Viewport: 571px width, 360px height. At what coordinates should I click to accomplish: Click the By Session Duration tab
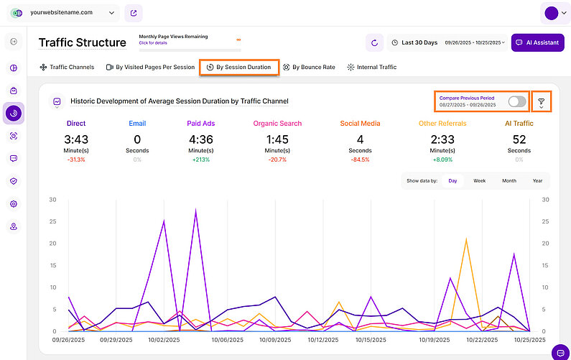click(x=238, y=68)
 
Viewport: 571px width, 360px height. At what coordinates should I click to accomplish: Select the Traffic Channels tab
click(x=67, y=68)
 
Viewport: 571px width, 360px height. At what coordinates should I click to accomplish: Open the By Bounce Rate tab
click(x=309, y=68)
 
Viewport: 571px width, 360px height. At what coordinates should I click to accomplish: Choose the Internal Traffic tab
click(x=371, y=68)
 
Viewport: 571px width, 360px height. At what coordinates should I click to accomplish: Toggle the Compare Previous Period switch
click(x=516, y=102)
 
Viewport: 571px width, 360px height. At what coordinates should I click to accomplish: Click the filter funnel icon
click(x=541, y=102)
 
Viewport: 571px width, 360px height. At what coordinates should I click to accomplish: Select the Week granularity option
click(x=479, y=181)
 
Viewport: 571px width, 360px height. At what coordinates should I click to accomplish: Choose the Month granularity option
click(x=509, y=181)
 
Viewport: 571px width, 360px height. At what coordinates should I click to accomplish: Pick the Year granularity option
click(x=537, y=181)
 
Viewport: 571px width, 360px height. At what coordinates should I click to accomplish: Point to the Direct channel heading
click(x=75, y=124)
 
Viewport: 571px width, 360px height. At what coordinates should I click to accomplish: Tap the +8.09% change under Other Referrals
click(x=442, y=160)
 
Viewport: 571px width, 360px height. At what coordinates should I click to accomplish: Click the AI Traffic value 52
click(x=519, y=139)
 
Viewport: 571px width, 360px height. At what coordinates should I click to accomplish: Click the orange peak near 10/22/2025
click(x=467, y=240)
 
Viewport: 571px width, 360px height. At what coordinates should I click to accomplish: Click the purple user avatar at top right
click(x=552, y=13)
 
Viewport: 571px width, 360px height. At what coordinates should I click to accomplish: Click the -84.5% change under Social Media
click(x=360, y=160)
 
